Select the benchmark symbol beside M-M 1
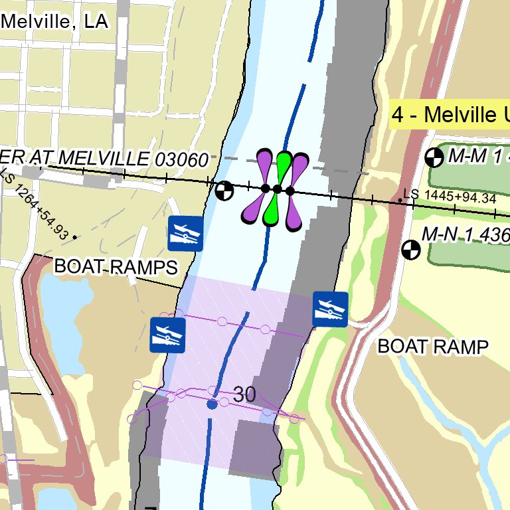[434, 157]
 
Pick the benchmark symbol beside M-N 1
[412, 250]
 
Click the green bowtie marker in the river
[278, 189]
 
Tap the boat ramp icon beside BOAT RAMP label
[330, 309]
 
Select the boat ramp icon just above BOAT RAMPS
[185, 233]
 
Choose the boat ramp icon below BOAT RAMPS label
[167, 335]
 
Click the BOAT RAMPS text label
[116, 267]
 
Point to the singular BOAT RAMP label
[433, 346]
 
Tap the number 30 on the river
[244, 394]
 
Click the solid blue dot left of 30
[212, 404]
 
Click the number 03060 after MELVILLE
[181, 159]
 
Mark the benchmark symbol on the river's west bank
[224, 191]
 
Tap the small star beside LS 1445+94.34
[400, 199]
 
